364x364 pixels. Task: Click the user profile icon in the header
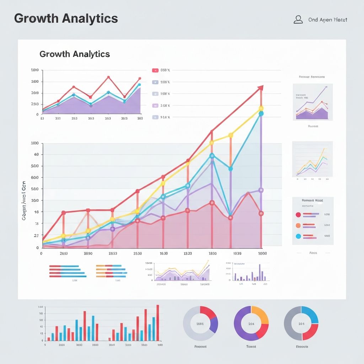tap(298, 20)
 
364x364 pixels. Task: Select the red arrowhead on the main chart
tap(261, 88)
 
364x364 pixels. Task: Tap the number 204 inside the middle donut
tap(251, 324)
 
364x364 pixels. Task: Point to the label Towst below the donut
tap(251, 347)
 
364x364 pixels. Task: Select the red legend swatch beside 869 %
tap(155, 70)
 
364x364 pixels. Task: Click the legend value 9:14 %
tap(165, 117)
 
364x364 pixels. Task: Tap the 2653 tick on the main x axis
tap(64, 254)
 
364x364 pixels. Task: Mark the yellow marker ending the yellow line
tap(261, 108)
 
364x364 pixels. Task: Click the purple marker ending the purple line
tap(261, 190)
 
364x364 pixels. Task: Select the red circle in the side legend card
tap(298, 214)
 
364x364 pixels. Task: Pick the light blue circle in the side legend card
tap(298, 236)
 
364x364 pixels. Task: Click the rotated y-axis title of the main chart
tap(24, 201)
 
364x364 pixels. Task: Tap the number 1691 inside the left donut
tap(200, 324)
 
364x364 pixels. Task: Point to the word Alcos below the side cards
tap(313, 253)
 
